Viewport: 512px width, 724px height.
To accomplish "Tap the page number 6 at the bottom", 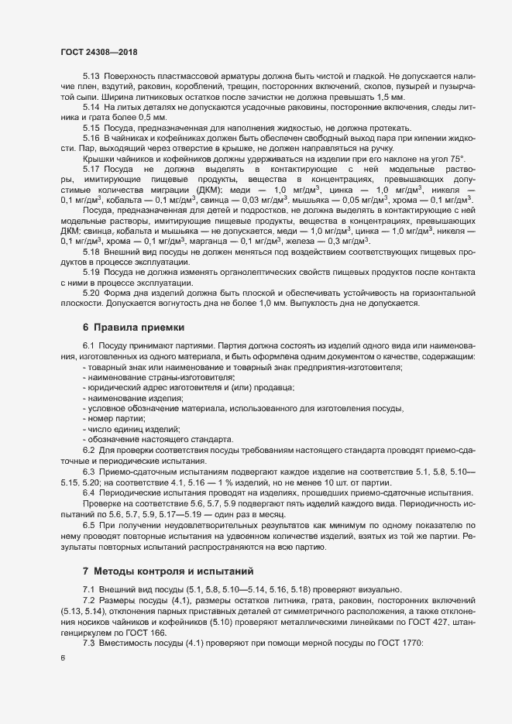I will coord(62,659).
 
